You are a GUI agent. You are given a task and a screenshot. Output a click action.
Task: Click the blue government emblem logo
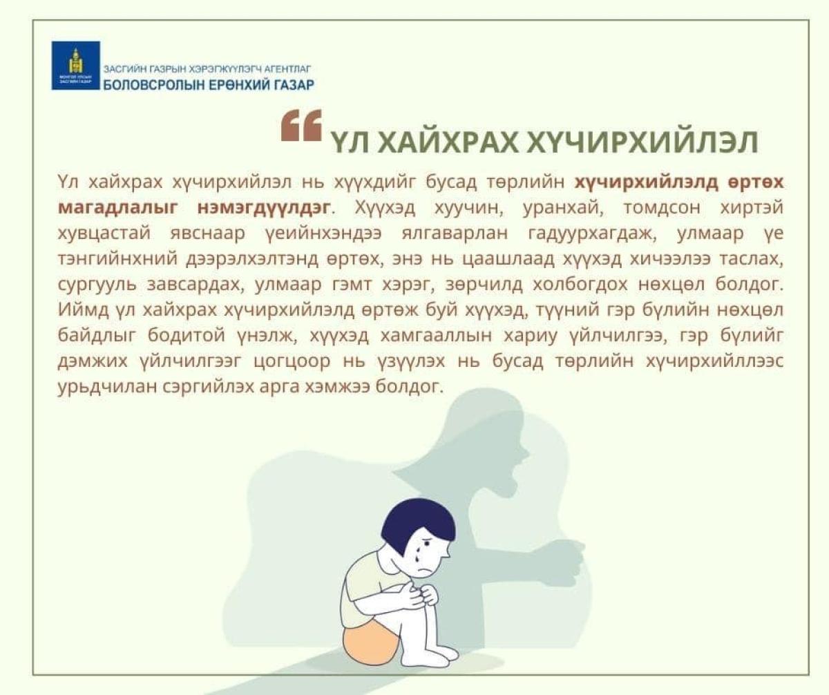(x=75, y=66)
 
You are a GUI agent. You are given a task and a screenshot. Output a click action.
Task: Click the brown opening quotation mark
(x=301, y=126)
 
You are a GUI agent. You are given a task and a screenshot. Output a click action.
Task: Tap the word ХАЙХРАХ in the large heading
(x=448, y=142)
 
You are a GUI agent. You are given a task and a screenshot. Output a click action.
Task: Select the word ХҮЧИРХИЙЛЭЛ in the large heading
(x=642, y=142)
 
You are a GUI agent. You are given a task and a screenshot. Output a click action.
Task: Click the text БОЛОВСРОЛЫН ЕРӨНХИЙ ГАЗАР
(x=209, y=84)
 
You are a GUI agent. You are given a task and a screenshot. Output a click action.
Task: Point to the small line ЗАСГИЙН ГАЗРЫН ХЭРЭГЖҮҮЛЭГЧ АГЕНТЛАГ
(x=207, y=69)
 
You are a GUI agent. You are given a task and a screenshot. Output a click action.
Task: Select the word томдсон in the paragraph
(x=662, y=208)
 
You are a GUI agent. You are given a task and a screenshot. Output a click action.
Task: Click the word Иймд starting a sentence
(x=84, y=310)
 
